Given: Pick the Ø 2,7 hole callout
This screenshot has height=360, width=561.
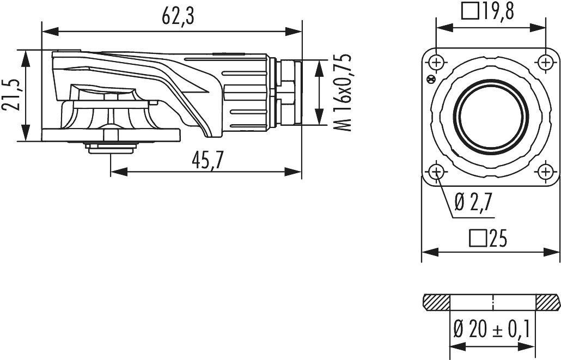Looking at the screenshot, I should click(473, 203).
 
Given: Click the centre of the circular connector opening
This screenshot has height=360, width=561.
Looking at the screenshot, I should click(491, 117).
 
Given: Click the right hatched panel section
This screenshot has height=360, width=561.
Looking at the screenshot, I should click(547, 301).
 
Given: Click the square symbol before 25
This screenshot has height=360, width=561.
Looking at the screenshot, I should click(478, 238).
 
